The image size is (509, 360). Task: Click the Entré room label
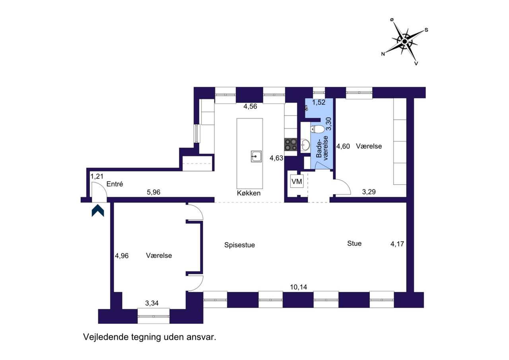[115, 184]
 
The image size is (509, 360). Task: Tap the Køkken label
[249, 193]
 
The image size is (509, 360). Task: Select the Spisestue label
[239, 245]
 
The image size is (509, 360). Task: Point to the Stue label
[354, 243]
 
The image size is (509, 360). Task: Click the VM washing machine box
[297, 181]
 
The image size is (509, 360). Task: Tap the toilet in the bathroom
[317, 129]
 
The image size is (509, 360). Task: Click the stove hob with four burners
[291, 144]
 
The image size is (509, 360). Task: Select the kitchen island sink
[256, 156]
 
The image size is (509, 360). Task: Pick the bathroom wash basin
[305, 145]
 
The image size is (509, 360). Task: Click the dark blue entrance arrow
[98, 211]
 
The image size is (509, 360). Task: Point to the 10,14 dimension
[298, 287]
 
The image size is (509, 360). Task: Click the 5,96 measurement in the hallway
[153, 192]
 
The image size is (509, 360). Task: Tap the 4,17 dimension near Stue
[397, 244]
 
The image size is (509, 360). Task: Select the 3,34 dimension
[152, 303]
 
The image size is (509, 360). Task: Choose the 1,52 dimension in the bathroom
[319, 103]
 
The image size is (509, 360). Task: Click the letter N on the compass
[383, 54]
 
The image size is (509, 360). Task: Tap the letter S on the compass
[426, 30]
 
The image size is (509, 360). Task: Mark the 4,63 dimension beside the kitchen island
[276, 158]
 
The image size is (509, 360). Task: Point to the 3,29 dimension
[369, 192]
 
